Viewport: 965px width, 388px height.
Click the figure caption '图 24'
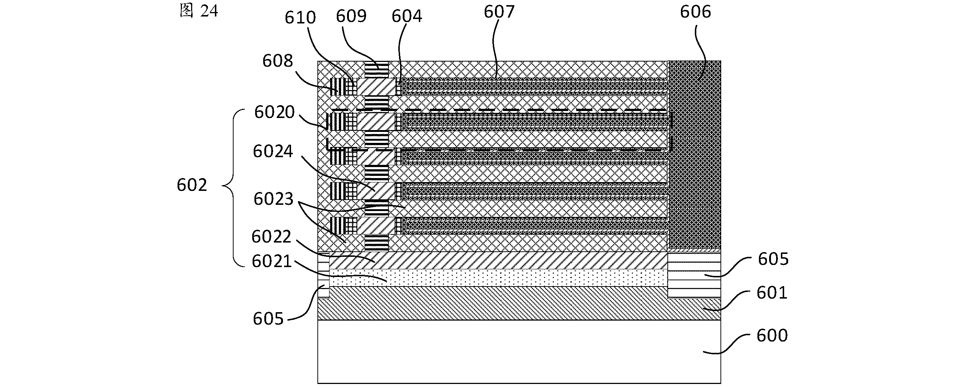(199, 11)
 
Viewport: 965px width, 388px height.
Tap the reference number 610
(300, 17)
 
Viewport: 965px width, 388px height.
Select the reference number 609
(351, 16)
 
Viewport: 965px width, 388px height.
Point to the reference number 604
(407, 16)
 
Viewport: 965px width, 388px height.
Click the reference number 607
(499, 12)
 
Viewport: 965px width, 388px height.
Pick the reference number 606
(696, 12)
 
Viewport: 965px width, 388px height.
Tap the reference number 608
(277, 61)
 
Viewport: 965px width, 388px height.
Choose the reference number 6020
(275, 112)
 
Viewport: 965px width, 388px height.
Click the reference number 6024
(273, 151)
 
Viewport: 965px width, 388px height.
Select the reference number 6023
(273, 199)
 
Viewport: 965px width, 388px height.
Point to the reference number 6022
(271, 237)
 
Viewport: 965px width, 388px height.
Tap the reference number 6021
(272, 261)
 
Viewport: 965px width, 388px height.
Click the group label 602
(192, 185)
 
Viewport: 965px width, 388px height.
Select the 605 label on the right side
(773, 259)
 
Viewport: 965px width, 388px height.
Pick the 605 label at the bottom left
(268, 319)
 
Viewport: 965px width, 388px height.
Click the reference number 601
(772, 292)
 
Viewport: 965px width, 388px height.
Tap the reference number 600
(772, 335)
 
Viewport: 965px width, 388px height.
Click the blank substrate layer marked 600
(519, 352)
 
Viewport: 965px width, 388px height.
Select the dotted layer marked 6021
(498, 278)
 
